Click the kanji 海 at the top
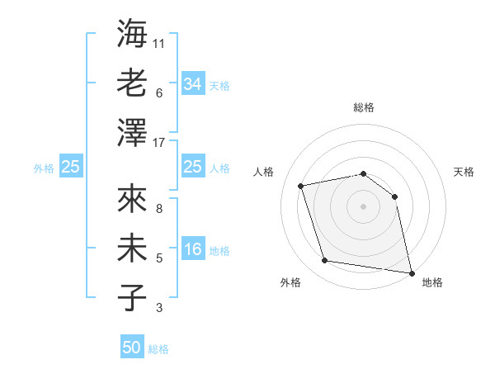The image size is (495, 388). click(132, 33)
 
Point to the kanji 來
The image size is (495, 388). click(132, 200)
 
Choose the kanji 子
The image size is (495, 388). click(132, 298)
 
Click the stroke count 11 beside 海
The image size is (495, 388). click(159, 42)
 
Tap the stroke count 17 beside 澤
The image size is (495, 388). click(159, 142)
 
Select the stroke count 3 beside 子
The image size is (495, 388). click(158, 309)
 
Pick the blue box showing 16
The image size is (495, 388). click(193, 250)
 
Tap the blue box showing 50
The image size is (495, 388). click(132, 348)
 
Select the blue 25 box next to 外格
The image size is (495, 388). click(71, 167)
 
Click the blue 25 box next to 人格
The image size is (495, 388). click(193, 167)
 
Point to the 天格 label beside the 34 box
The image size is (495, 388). click(219, 85)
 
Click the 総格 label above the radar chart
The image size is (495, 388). click(364, 107)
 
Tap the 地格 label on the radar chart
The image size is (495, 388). click(432, 282)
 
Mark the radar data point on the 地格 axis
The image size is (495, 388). click(410, 272)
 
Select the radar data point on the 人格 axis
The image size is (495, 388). click(301, 186)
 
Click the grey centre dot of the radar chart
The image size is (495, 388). click(363, 206)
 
